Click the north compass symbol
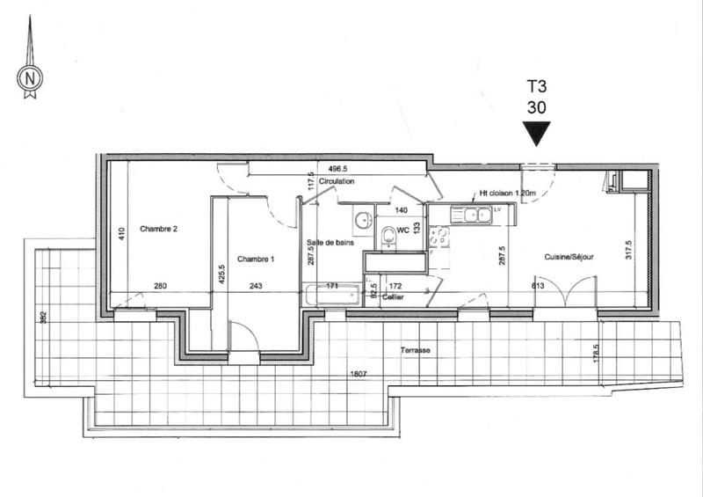pyautogui.click(x=30, y=78)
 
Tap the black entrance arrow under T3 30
pyautogui.click(x=535, y=134)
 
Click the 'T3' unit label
pyautogui.click(x=535, y=86)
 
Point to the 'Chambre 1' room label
pyautogui.click(x=256, y=259)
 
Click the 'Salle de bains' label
pyautogui.click(x=330, y=243)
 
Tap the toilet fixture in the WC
pyautogui.click(x=388, y=235)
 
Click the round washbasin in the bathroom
pyautogui.click(x=361, y=219)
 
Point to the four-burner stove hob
pyautogui.click(x=442, y=237)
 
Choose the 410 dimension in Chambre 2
pyautogui.click(x=122, y=232)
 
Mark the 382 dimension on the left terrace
pyautogui.click(x=41, y=317)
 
